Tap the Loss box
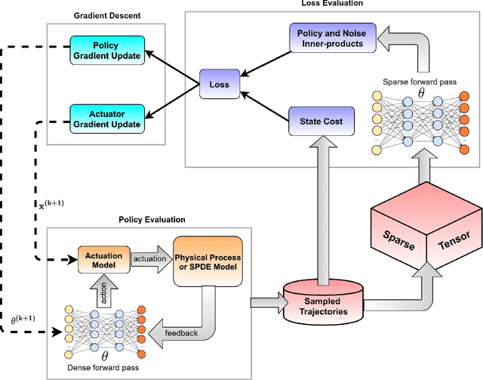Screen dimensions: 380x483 tap(220, 85)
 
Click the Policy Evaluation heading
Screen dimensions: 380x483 tap(151, 220)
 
